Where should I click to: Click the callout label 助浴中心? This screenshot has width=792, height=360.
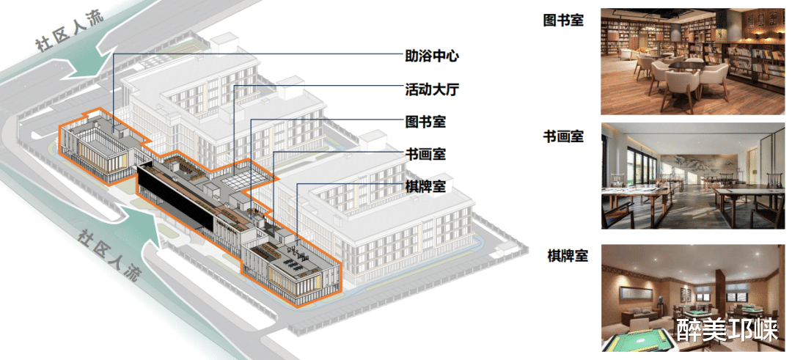[x=432, y=56]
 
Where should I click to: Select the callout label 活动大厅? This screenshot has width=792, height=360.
[x=432, y=89]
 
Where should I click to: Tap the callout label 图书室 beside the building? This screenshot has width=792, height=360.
[x=425, y=122]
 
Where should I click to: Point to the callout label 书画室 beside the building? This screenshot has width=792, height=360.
[x=425, y=154]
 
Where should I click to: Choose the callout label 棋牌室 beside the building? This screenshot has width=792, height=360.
[x=425, y=186]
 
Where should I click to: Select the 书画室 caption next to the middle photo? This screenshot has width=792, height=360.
[x=563, y=136]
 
